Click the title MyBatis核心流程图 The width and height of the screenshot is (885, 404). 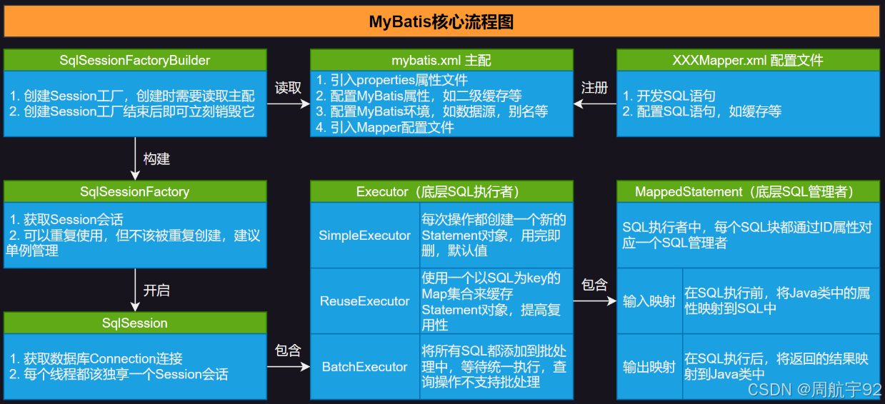pyautogui.click(x=441, y=21)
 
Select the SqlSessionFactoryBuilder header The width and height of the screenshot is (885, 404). pyautogui.click(x=135, y=60)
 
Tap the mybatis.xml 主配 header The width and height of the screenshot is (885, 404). pyautogui.click(x=441, y=60)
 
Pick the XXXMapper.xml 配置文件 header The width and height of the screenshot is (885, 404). pyautogui.click(x=748, y=60)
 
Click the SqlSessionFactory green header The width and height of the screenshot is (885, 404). pyautogui.click(x=135, y=191)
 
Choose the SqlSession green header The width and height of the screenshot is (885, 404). pyautogui.click(x=135, y=323)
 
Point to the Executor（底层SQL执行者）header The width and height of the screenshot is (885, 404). pyautogui.click(x=441, y=191)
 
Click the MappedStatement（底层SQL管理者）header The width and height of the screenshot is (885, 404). pyautogui.click(x=748, y=191)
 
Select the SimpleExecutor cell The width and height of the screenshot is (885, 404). pyautogui.click(x=365, y=236)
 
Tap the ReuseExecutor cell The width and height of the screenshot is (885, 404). pyautogui.click(x=365, y=301)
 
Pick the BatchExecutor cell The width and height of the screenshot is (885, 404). pyautogui.click(x=365, y=367)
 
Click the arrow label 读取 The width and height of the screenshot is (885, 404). pyautogui.click(x=288, y=88)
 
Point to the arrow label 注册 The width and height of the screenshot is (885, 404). pyautogui.click(x=594, y=88)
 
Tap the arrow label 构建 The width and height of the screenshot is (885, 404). pyautogui.click(x=156, y=158)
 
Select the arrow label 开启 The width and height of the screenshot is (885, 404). pyautogui.click(x=156, y=291)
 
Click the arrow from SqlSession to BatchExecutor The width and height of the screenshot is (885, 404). pyautogui.click(x=289, y=367)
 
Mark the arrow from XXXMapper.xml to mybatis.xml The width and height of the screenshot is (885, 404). pyautogui.click(x=595, y=104)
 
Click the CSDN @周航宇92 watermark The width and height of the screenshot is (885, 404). pyautogui.click(x=814, y=389)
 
